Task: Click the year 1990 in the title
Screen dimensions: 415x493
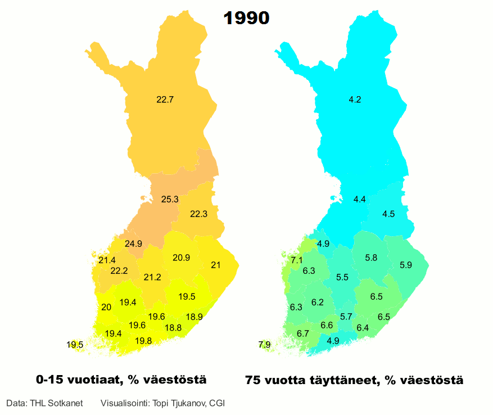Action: [246, 18]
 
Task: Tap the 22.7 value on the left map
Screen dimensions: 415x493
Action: [165, 100]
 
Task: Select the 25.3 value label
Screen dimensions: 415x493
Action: [169, 199]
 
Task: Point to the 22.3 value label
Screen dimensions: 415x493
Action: [198, 214]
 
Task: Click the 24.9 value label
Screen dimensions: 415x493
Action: [133, 243]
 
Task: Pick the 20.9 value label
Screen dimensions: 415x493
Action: [181, 258]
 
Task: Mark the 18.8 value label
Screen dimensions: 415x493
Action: [173, 327]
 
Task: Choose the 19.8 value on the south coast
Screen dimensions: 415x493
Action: [143, 340]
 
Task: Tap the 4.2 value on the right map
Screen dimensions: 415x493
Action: [355, 100]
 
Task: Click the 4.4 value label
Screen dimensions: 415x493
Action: [360, 199]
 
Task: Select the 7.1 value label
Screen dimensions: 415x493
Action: [297, 260]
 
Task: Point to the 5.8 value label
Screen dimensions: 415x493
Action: [371, 258]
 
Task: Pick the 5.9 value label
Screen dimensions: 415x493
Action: [406, 265]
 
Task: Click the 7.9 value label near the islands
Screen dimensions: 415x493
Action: [264, 344]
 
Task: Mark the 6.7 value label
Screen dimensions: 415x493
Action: [303, 333]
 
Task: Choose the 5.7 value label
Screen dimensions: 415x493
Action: [346, 316]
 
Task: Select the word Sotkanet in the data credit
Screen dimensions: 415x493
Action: [67, 403]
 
